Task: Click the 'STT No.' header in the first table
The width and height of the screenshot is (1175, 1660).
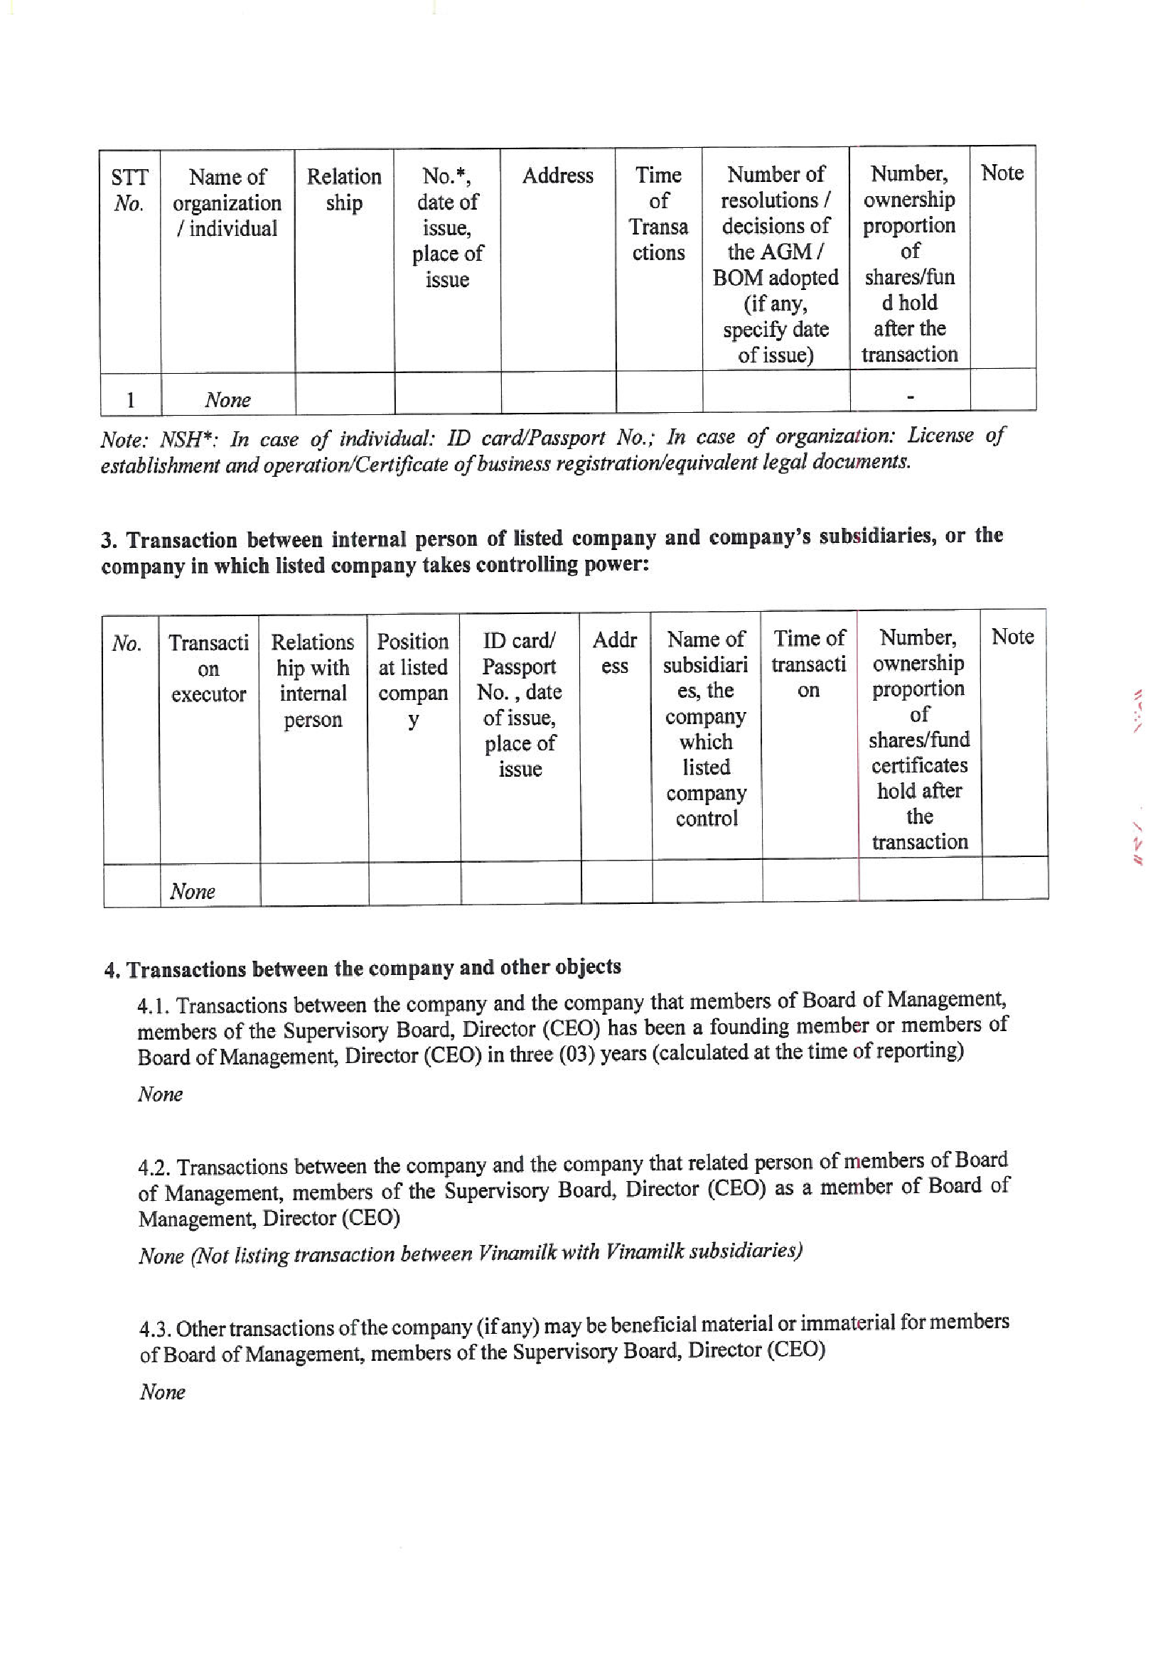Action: pyautogui.click(x=129, y=190)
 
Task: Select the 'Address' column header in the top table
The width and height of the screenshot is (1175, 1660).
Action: pyautogui.click(x=557, y=176)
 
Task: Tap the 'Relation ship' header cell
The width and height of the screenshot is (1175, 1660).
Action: pyautogui.click(x=343, y=190)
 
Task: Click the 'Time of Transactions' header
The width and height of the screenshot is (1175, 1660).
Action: pyautogui.click(x=658, y=213)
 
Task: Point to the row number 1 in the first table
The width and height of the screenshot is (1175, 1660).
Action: pyautogui.click(x=130, y=400)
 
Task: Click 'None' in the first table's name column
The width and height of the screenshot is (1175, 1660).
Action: pyautogui.click(x=227, y=400)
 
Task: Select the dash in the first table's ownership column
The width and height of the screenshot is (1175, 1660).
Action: pyautogui.click(x=909, y=397)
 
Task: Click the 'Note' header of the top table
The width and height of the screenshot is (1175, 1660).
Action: pyautogui.click(x=1002, y=173)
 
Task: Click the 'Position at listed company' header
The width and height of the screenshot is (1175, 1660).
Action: pyautogui.click(x=412, y=681)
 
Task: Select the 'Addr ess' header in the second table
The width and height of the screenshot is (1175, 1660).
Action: pyautogui.click(x=614, y=652)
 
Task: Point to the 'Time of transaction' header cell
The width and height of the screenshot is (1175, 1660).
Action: pyautogui.click(x=808, y=664)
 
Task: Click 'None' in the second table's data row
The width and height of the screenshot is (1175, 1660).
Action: pyautogui.click(x=193, y=891)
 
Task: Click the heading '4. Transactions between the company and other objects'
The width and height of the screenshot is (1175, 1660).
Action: pyautogui.click(x=363, y=968)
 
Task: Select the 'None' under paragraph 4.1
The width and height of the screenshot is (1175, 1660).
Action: pyautogui.click(x=160, y=1094)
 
